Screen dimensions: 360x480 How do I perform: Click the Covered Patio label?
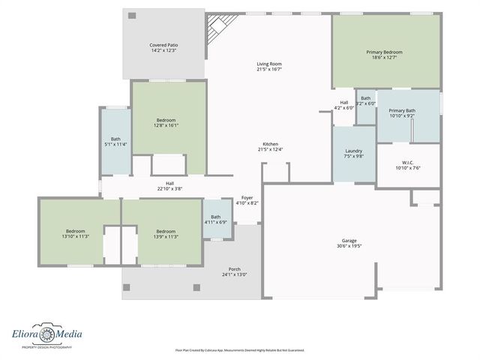(x=163, y=48)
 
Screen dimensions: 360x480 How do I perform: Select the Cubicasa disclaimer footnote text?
(x=239, y=349)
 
